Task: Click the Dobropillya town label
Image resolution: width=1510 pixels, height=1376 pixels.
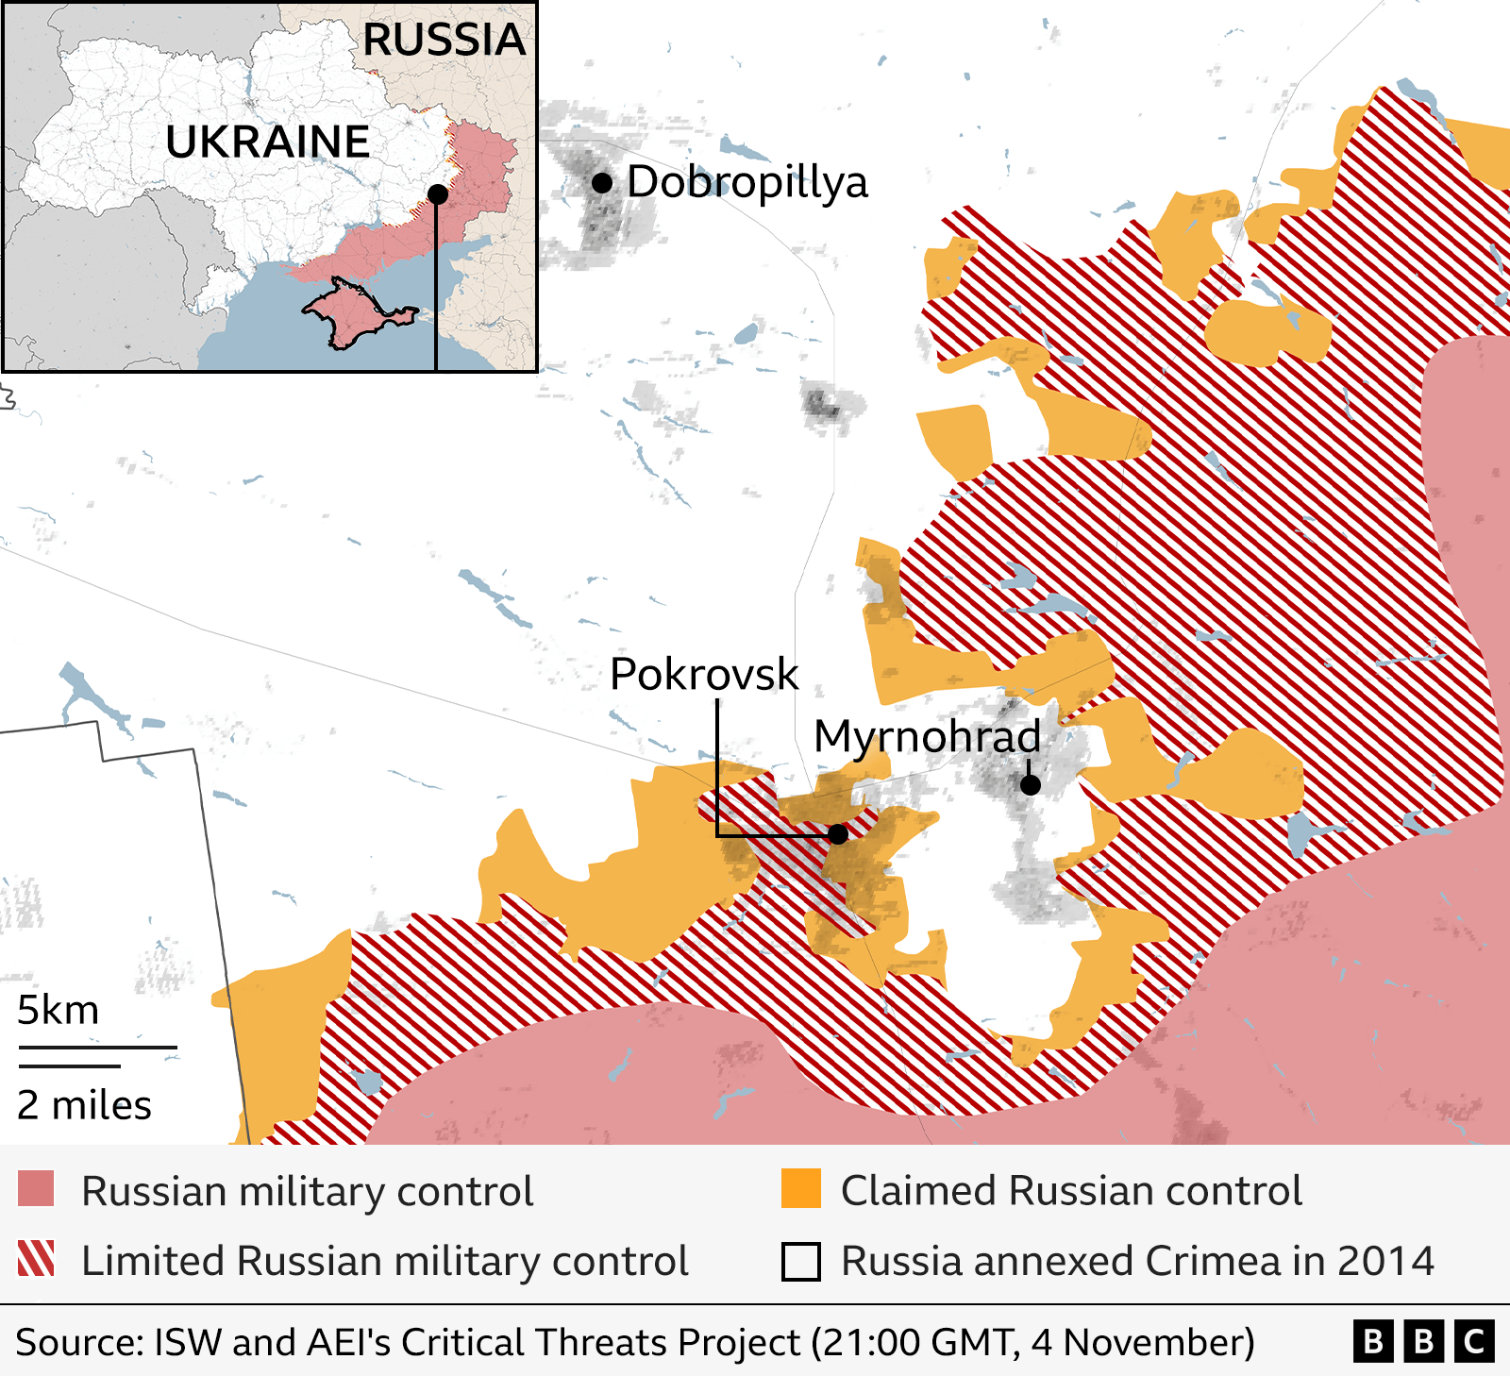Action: click(747, 182)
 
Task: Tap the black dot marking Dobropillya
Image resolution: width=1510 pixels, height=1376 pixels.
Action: click(602, 183)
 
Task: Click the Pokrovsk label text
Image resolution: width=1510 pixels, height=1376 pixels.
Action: click(704, 674)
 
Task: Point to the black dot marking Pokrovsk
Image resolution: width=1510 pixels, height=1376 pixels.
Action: click(838, 834)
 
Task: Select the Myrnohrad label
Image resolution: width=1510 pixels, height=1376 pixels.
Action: click(927, 736)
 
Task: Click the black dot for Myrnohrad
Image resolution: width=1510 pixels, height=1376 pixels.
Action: click(1031, 784)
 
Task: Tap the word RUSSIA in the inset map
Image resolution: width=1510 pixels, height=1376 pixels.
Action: click(444, 41)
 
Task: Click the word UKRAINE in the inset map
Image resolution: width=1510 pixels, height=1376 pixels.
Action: click(267, 143)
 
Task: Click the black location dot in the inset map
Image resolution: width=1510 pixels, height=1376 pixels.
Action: click(437, 194)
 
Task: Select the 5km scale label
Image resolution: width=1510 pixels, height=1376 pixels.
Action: click(58, 1011)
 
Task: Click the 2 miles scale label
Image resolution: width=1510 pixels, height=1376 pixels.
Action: click(84, 1105)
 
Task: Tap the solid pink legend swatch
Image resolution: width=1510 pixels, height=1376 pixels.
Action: click(36, 1189)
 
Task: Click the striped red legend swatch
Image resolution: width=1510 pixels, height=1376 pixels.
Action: click(36, 1259)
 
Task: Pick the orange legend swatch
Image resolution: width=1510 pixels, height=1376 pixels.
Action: click(801, 1189)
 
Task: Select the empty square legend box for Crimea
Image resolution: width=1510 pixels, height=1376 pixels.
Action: click(801, 1261)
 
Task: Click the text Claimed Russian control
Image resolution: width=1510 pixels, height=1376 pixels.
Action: click(1071, 1191)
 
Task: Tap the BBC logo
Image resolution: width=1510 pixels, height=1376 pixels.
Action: click(1423, 1341)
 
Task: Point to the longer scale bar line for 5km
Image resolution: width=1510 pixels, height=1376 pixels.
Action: click(97, 1048)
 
